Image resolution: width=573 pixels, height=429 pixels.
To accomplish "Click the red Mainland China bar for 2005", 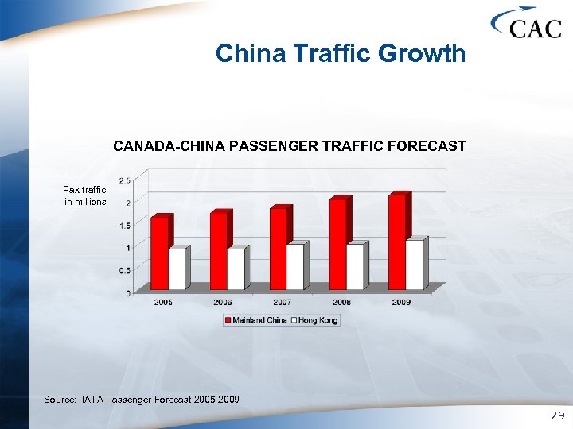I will pos(160,253).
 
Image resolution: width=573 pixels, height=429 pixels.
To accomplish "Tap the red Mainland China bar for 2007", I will pos(279,248).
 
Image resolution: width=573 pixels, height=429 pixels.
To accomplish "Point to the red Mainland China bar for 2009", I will pos(397,242).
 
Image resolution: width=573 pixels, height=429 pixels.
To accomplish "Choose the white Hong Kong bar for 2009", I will pos(414,265).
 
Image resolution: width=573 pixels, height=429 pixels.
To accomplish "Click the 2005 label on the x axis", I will pos(163,303).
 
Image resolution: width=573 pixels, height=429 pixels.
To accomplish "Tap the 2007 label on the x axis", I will pos(282,303).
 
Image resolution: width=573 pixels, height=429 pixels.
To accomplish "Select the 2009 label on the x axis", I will pos(401,303).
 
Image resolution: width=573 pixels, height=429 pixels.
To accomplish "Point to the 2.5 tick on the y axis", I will pos(125,181).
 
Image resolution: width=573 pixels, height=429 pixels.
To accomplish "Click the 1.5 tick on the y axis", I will pos(125,226).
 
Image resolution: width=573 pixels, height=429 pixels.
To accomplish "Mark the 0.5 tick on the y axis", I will pos(125,270).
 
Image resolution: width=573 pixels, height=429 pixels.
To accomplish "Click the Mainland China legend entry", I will pos(256,320).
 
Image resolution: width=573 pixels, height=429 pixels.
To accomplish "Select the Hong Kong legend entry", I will pos(315,320).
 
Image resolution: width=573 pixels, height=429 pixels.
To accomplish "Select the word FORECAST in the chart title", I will pos(429,146).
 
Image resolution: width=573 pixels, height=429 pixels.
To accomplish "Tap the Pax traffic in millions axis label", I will pos(85,195).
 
